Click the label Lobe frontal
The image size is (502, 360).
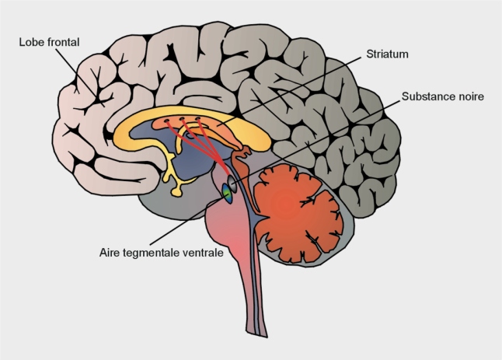pyautogui.click(x=49, y=42)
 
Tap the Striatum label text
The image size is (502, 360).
pyautogui.click(x=388, y=54)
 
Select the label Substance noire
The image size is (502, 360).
pyautogui.click(x=443, y=96)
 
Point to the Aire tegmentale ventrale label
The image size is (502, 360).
pyautogui.click(x=162, y=253)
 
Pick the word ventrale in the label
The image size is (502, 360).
pyautogui.click(x=203, y=253)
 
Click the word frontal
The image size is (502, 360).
pyautogui.click(x=64, y=42)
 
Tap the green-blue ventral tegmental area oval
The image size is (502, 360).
pyautogui.click(x=228, y=194)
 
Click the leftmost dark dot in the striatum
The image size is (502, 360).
pyautogui.click(x=167, y=121)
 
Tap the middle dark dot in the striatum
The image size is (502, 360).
pyautogui.click(x=182, y=120)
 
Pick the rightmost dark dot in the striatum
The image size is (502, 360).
pyautogui.click(x=198, y=119)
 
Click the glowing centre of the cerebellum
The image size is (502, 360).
pyautogui.click(x=287, y=202)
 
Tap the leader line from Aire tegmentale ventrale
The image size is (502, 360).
pyautogui.click(x=187, y=220)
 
